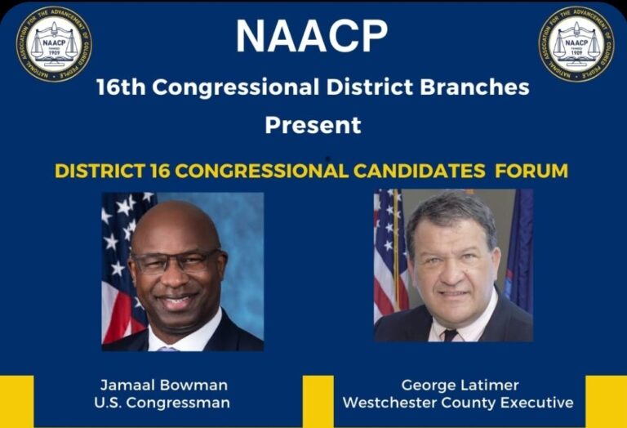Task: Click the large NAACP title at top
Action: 312,35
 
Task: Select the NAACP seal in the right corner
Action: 576,44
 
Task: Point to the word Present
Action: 313,125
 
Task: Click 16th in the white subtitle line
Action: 120,87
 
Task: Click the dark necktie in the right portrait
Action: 450,335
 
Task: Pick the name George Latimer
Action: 460,385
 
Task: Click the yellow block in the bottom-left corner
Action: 16,401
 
